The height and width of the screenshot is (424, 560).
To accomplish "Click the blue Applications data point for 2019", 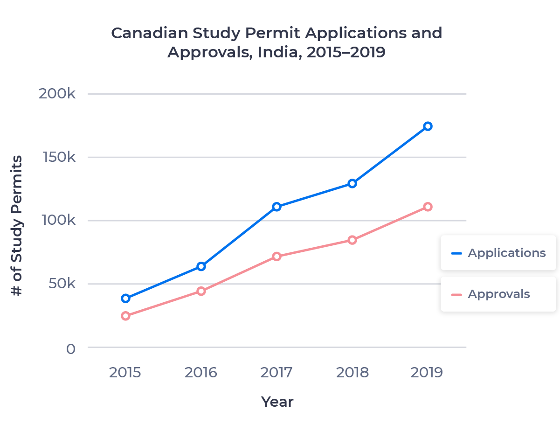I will coord(428,126).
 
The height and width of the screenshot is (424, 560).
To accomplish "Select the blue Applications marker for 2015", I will coord(125,298).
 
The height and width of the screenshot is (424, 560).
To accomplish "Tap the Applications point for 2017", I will coord(277,207).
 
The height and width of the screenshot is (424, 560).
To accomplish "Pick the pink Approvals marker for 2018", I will coord(352,240).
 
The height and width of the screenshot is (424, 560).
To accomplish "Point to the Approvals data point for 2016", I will coord(201,291).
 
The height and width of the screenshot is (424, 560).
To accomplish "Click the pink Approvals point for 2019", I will coord(428,207).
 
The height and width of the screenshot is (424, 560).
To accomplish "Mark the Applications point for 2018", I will coord(352,183).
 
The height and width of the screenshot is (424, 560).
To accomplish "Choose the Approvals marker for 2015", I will coord(125,316).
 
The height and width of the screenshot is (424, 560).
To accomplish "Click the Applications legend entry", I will coord(498,253).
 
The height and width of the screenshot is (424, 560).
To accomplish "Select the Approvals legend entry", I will coord(498,294).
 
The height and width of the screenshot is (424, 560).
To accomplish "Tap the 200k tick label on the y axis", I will coord(57,94).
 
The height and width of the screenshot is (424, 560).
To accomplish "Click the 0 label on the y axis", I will coord(70,348).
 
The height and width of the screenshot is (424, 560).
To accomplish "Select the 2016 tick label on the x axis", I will coord(201,373).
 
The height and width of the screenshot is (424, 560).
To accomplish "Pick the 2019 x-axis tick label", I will coord(427,373).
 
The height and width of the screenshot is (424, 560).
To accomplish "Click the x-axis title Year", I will coord(277,402).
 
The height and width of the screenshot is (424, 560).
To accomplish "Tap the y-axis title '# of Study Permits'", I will coord(17,226).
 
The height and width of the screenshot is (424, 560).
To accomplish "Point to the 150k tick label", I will coord(58,157).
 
